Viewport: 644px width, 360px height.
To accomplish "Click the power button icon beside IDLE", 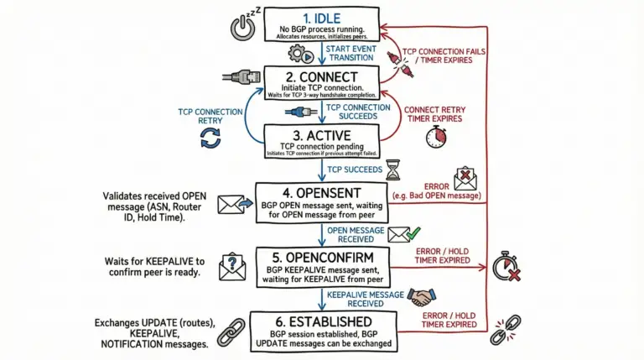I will click(241, 27).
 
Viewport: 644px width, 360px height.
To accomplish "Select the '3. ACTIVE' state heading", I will click(323, 134).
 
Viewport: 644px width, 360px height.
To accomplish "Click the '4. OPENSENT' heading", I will click(323, 192).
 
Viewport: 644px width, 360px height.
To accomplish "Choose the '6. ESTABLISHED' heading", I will click(323, 322).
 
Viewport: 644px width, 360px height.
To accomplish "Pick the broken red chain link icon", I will click(505, 329).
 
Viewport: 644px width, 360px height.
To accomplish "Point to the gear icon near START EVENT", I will click(299, 53).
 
